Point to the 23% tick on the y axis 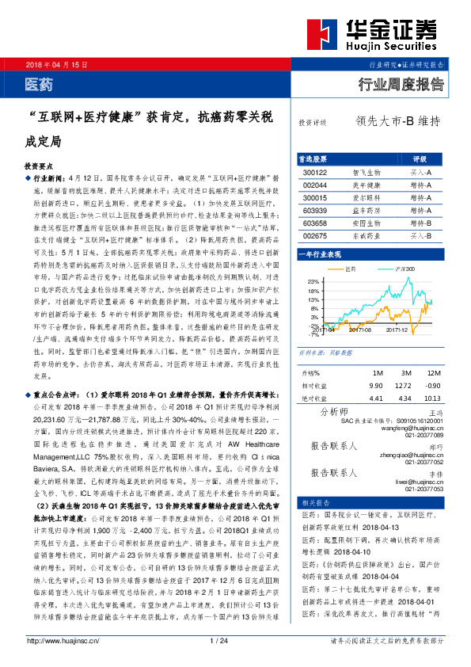pyautogui.click(x=314, y=281)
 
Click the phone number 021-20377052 pyautogui.click(x=424, y=463)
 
